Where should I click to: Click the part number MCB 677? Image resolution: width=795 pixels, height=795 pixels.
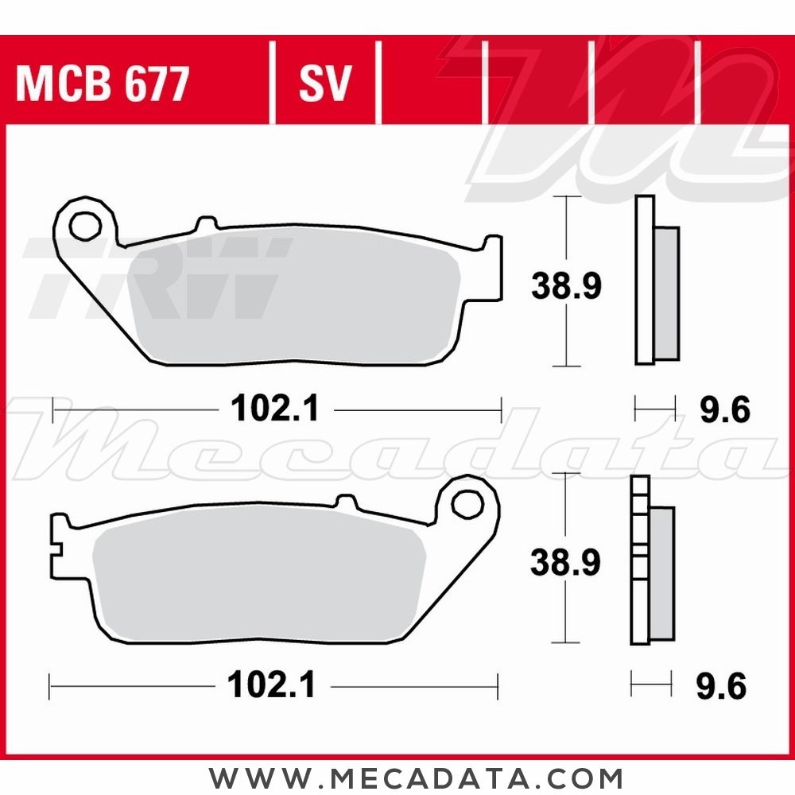click(103, 83)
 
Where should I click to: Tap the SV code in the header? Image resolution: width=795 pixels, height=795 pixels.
click(324, 83)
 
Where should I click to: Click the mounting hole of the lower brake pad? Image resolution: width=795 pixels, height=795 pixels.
click(469, 502)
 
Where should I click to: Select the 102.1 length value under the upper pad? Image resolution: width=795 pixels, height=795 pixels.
click(274, 410)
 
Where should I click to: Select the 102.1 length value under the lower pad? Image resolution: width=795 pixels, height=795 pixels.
click(272, 684)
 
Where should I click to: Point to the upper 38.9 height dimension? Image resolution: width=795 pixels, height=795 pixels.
click(567, 285)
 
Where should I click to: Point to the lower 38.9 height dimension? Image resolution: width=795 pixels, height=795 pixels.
click(567, 563)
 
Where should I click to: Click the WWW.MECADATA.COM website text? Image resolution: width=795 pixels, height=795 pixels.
click(416, 776)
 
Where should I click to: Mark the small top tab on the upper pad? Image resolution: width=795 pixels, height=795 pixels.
click(207, 224)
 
